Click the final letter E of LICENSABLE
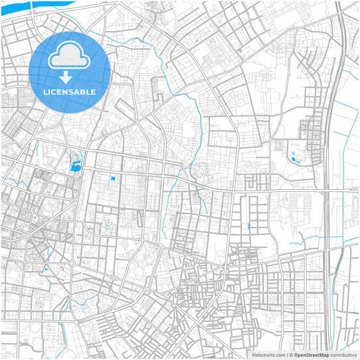click(x=93, y=91)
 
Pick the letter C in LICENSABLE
click(x=56, y=91)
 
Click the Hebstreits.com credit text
click(x=268, y=355)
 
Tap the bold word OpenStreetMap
click(x=311, y=355)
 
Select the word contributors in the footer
click(x=343, y=355)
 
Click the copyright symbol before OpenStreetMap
click(x=290, y=355)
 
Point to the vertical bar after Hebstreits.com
click(x=286, y=355)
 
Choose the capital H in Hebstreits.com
click(x=253, y=355)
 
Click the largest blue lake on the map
click(x=76, y=163)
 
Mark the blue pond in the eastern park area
click(x=294, y=159)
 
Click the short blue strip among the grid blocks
click(x=249, y=226)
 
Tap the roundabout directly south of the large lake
click(x=72, y=263)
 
